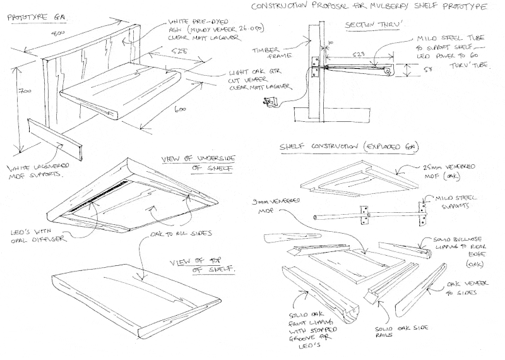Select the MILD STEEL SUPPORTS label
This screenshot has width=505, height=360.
454,203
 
